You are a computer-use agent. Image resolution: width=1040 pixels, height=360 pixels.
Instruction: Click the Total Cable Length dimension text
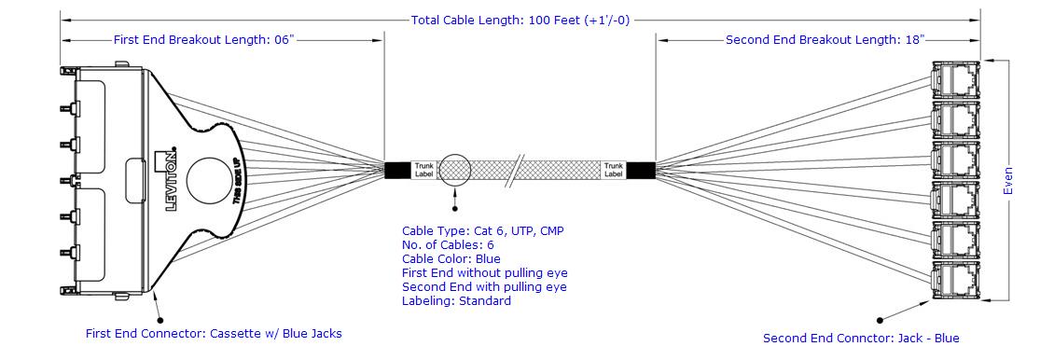pos(520,20)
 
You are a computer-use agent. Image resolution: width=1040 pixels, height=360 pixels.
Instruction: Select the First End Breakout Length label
pos(203,40)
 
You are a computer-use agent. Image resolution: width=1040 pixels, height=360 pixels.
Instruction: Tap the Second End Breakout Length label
pos(825,40)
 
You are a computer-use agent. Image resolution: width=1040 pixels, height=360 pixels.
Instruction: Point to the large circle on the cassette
pos(212,181)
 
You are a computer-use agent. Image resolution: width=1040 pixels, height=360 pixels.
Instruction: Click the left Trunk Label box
pos(423,170)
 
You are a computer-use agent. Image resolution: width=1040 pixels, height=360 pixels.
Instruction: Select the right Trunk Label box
pos(614,170)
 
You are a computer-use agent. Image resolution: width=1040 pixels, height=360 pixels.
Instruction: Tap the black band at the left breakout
pos(398,170)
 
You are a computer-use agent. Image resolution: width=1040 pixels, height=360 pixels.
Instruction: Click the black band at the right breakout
pos(641,170)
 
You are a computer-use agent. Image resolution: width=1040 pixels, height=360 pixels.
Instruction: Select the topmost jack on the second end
pos(955,79)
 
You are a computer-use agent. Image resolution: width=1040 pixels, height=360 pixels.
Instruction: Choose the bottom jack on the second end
pos(955,282)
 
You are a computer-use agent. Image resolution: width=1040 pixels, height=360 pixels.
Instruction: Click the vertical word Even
pos(1008,180)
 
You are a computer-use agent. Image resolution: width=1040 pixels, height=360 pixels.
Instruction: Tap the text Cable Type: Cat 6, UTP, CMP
pos(483,230)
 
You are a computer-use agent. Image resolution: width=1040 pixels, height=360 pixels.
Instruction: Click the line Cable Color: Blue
pos(451,258)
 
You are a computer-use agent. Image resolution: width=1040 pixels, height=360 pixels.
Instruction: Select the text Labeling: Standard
pos(456,301)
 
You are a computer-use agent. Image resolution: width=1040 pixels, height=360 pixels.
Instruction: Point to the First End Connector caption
pos(214,334)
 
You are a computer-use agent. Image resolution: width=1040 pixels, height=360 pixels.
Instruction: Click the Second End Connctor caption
pos(861,339)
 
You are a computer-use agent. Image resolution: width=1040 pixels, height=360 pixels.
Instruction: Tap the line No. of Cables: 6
pos(448,244)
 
